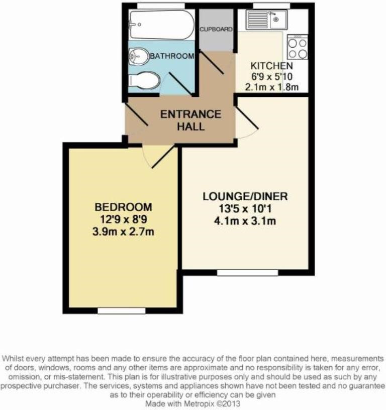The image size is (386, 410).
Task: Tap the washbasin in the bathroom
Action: (139, 56)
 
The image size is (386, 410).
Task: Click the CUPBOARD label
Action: (216, 29)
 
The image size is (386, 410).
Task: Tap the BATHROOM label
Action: (172, 56)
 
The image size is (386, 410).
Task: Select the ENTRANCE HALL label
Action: (190, 120)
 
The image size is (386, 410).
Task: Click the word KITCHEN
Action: (271, 66)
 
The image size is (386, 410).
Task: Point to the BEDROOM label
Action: (124, 207)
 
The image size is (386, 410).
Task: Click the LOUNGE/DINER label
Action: (245, 196)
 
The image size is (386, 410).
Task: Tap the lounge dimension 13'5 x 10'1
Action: (245, 208)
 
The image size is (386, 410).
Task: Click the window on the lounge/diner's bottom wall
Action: (247, 272)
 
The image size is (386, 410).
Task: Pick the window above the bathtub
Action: (153, 6)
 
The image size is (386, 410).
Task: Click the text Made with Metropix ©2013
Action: (192, 403)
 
